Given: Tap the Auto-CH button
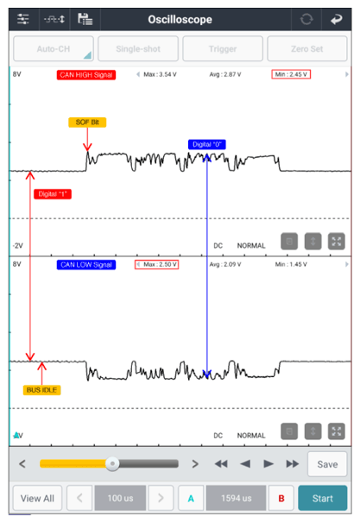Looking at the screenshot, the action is click(x=54, y=49).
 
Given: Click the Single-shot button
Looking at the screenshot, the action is click(x=138, y=49).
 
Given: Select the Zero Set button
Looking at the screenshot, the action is click(x=307, y=49).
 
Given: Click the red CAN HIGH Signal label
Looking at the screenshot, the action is click(x=86, y=75).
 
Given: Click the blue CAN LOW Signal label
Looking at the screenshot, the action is click(x=86, y=265).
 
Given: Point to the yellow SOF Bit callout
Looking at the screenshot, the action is click(x=87, y=123).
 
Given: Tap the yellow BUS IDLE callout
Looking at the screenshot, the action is click(x=41, y=390).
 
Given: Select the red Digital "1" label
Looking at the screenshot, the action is click(x=53, y=194).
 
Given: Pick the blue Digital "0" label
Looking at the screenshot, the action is click(x=207, y=144).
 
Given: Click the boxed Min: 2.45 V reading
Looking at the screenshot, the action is click(x=291, y=74).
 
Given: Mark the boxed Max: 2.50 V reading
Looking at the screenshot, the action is click(x=157, y=264).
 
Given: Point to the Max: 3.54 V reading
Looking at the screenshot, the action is click(x=160, y=74).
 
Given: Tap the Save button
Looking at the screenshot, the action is click(x=327, y=464).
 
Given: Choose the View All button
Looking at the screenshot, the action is click(x=37, y=498).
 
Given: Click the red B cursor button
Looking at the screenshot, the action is click(x=281, y=498).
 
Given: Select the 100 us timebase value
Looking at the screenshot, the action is click(x=120, y=498).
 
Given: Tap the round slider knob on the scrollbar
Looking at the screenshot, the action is click(x=112, y=463).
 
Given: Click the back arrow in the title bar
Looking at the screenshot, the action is click(x=337, y=19).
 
